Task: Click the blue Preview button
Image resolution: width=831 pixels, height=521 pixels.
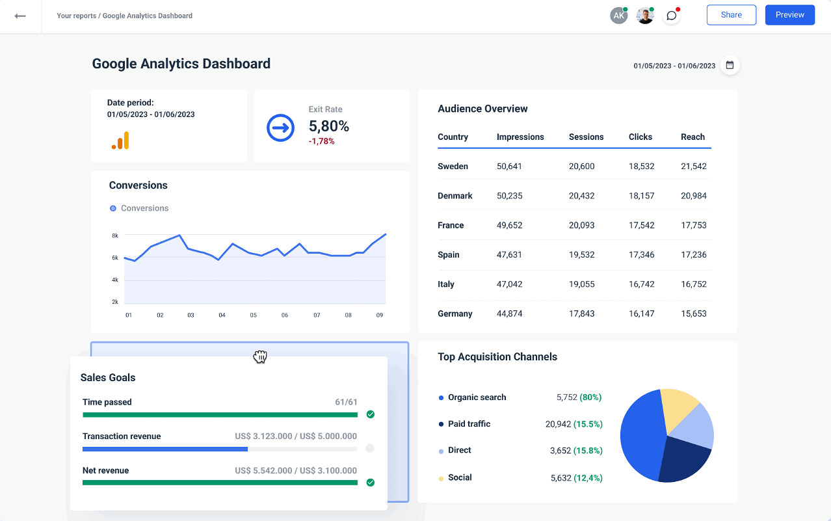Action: pyautogui.click(x=789, y=15)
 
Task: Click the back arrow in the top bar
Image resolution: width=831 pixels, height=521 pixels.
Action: pyautogui.click(x=20, y=16)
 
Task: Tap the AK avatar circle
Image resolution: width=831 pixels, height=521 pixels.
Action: pyautogui.click(x=618, y=16)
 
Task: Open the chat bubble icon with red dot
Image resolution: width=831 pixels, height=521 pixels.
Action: pyautogui.click(x=671, y=16)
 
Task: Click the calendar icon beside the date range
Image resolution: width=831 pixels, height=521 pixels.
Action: pyautogui.click(x=730, y=65)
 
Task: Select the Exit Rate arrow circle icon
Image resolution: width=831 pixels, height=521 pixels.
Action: pyautogui.click(x=281, y=127)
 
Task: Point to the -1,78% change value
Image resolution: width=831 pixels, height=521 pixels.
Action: pyautogui.click(x=321, y=141)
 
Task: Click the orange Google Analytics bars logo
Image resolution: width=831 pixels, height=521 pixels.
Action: pyautogui.click(x=120, y=140)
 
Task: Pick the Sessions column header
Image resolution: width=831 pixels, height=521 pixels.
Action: pyautogui.click(x=586, y=137)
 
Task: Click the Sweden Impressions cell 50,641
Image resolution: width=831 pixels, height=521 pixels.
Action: pyautogui.click(x=509, y=167)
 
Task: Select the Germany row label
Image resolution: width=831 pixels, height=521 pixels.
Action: pyautogui.click(x=455, y=314)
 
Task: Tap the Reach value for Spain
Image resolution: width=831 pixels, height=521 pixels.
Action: pyautogui.click(x=693, y=255)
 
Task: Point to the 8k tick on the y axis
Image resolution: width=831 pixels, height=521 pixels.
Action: pyautogui.click(x=115, y=235)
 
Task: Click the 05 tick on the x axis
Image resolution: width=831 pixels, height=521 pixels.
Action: pyautogui.click(x=253, y=315)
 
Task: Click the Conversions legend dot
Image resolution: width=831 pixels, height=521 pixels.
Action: pyautogui.click(x=113, y=208)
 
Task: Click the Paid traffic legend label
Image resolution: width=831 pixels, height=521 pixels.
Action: pyautogui.click(x=469, y=424)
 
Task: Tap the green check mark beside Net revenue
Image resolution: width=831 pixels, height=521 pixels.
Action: pyautogui.click(x=370, y=483)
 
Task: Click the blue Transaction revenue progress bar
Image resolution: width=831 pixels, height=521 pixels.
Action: pyautogui.click(x=165, y=449)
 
